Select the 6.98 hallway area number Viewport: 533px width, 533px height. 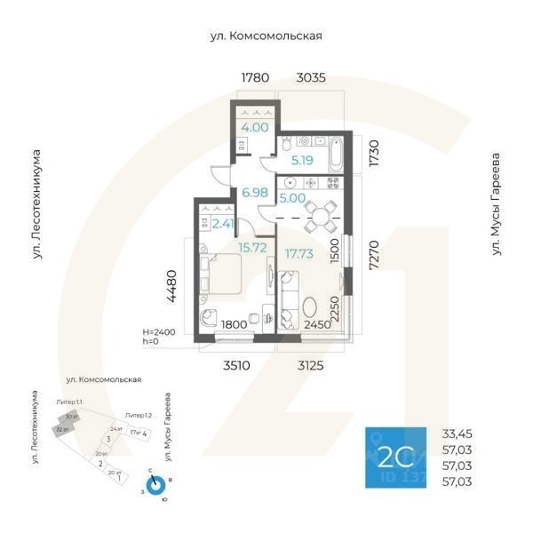(x=255, y=192)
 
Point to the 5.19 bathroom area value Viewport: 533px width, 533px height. (x=303, y=161)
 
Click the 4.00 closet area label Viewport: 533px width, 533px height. (x=255, y=127)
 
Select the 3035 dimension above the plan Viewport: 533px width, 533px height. (x=310, y=78)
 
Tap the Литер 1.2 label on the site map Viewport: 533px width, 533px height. (x=139, y=416)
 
